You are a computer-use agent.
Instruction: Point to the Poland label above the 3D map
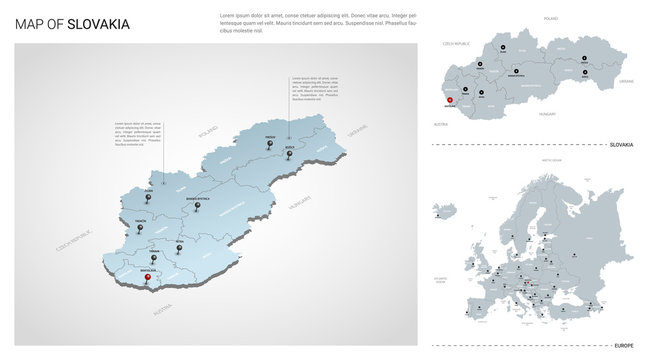208,132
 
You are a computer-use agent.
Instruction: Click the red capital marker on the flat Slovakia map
450,98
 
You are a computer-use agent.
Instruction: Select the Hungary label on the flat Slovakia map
546,115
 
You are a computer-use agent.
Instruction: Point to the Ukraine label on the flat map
626,79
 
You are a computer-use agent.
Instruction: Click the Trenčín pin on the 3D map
141,228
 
